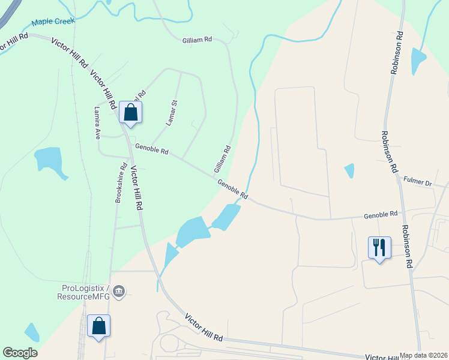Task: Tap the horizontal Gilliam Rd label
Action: tap(197, 40)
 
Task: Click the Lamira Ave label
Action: tap(97, 124)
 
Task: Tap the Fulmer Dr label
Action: tap(418, 181)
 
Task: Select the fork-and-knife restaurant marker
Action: tap(379, 247)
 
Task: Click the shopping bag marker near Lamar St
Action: tap(131, 112)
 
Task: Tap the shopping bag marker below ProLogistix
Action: tap(99, 326)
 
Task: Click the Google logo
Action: tap(20, 353)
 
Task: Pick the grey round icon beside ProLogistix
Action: tap(119, 292)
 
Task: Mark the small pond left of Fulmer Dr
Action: tap(349, 171)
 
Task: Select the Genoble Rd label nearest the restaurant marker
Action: tap(381, 214)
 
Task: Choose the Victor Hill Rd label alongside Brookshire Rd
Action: tap(136, 187)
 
